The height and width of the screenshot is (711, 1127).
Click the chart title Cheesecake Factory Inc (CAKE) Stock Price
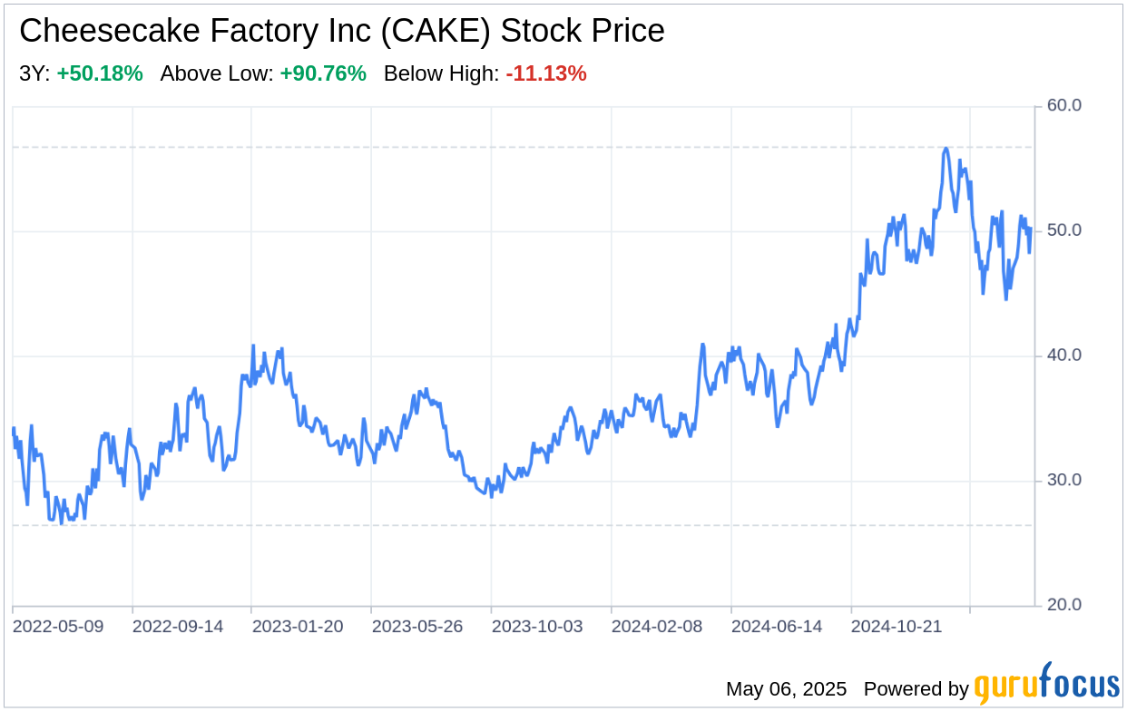coord(341,31)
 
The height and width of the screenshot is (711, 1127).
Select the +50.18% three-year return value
coord(100,74)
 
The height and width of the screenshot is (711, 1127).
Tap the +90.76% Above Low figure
coord(323,74)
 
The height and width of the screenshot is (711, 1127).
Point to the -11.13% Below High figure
coord(546,74)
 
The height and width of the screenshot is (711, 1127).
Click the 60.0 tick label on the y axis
coord(1063,105)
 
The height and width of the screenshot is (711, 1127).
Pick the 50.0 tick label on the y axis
coord(1063,230)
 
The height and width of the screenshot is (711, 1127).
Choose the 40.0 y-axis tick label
coord(1063,355)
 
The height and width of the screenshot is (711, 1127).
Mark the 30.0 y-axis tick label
coord(1063,481)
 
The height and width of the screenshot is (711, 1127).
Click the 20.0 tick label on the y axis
coord(1063,605)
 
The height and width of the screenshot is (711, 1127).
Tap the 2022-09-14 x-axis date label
coord(179,627)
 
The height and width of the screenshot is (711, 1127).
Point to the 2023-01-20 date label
coord(298,627)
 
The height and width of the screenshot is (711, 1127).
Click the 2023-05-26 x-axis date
coord(417,627)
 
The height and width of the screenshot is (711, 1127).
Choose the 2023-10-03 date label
coord(537,627)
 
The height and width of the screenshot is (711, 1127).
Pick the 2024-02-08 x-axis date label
coord(657,627)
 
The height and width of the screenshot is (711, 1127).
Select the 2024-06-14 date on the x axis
coord(777,627)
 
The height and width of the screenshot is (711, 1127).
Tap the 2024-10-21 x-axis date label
coord(897,627)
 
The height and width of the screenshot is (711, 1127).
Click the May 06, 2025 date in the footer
coord(786,689)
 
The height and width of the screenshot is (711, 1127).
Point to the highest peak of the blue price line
coord(946,148)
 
